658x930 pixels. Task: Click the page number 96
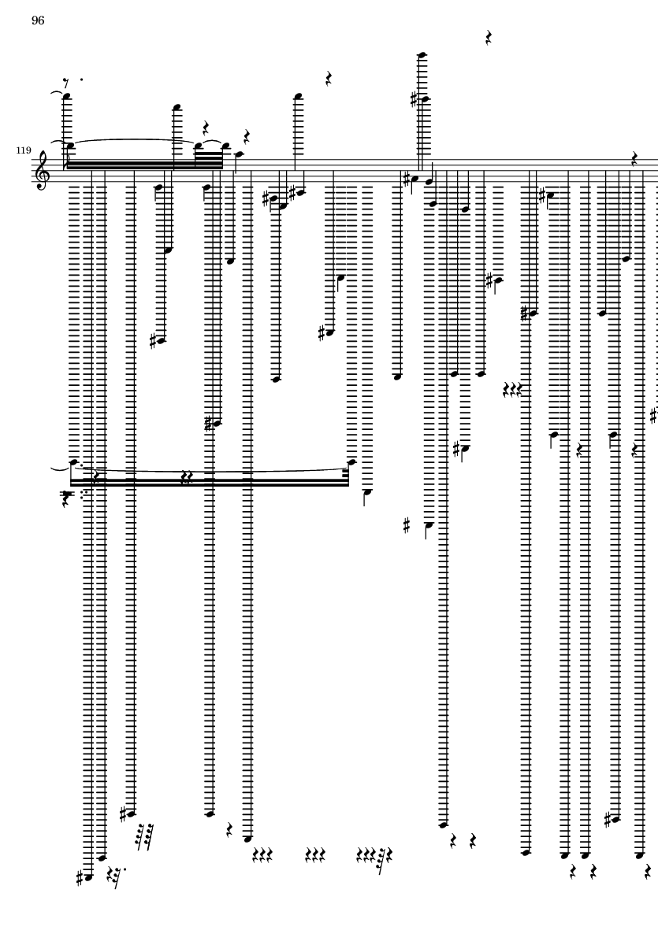38,20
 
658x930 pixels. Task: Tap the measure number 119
23,150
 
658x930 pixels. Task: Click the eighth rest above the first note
66,83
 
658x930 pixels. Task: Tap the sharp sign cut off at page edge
654,416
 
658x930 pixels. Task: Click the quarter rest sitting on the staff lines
634,159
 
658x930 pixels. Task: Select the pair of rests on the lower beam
187,477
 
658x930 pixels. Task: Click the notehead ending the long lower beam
351,461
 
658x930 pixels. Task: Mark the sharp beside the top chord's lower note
414,100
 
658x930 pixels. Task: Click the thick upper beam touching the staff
145,165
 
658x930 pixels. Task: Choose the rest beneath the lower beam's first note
66,499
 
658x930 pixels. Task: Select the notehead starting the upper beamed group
70,145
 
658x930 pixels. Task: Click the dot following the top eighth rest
81,79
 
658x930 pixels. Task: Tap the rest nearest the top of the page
489,38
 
